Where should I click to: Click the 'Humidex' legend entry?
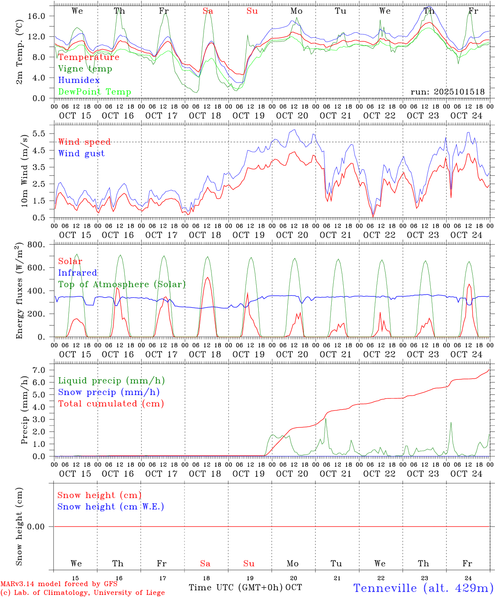coord(79,80)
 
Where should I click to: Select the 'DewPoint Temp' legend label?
coord(95,92)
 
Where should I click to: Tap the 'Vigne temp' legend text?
coord(85,68)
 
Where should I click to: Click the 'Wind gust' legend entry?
coord(81,153)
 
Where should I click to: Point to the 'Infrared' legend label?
coord(78,273)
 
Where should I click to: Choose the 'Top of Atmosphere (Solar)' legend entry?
coord(122,284)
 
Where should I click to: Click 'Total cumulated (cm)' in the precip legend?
coord(111,403)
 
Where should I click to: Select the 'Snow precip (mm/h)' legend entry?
coord(109,392)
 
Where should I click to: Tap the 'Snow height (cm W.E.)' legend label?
coord(111,507)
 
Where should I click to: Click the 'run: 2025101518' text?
coord(447,92)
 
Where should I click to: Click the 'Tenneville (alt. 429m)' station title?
coord(423,588)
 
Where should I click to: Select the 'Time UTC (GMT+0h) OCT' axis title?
coord(245,587)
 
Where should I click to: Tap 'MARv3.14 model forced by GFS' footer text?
coord(59,584)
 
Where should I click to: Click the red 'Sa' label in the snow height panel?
coord(205,563)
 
